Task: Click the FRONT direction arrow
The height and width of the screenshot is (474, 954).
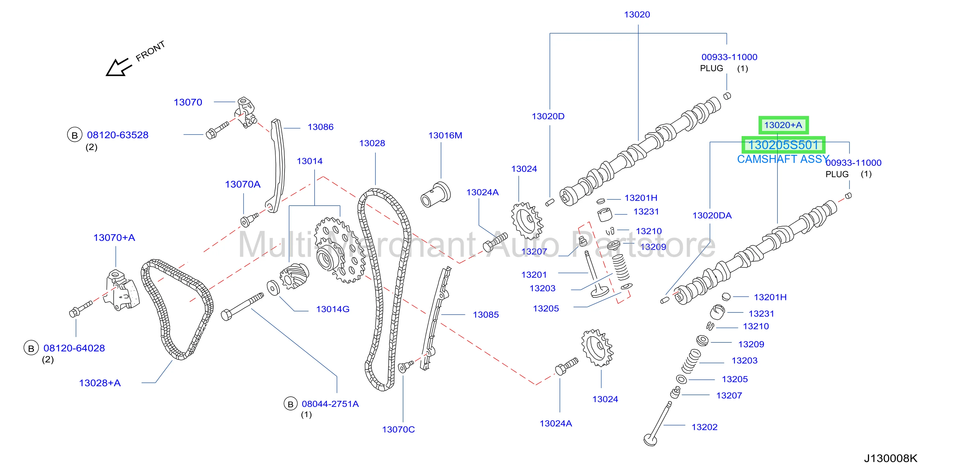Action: [118, 67]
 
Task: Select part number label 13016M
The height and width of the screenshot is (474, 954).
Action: [445, 135]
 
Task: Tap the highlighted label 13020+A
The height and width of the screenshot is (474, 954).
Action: [783, 125]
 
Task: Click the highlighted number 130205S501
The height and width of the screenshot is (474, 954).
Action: [783, 145]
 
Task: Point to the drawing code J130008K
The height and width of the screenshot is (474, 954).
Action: [891, 458]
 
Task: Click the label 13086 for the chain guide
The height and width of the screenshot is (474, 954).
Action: [320, 127]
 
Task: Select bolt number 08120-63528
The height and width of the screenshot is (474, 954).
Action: [118, 135]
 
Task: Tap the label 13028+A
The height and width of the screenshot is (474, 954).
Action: [100, 383]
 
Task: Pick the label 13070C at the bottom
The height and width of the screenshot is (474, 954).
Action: [399, 430]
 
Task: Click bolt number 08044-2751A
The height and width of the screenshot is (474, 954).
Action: [330, 404]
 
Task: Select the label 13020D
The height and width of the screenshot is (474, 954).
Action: [548, 116]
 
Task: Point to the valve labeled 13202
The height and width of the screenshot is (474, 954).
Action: [658, 424]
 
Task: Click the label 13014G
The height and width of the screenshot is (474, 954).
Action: [332, 309]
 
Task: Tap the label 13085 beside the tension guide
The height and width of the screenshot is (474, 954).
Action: [486, 315]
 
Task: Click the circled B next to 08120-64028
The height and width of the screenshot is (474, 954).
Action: [31, 348]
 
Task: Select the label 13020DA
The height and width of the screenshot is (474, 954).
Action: [712, 216]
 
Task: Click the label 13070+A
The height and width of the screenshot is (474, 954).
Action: [114, 238]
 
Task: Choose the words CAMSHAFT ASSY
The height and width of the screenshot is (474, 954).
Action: [783, 159]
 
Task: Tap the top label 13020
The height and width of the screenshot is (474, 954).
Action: [637, 14]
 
